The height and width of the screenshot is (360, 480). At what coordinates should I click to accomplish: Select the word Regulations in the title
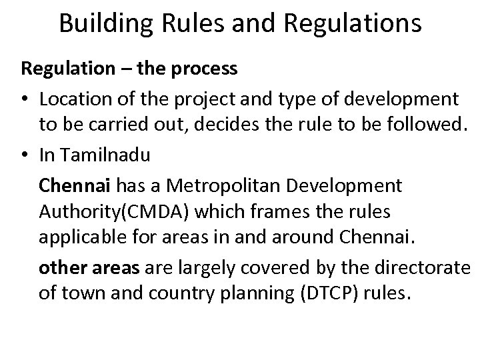(x=353, y=23)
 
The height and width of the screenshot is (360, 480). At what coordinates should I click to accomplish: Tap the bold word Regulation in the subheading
(x=62, y=69)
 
